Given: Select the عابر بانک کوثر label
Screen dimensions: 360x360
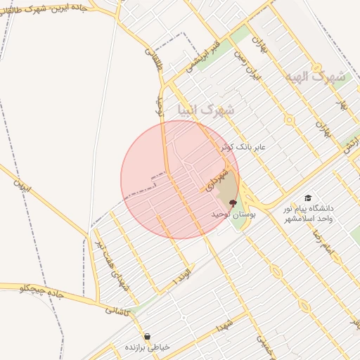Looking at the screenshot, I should tap(244, 146).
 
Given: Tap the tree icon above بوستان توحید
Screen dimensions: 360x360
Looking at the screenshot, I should tap(233, 202).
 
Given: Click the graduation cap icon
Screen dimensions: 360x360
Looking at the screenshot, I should tap(307, 199).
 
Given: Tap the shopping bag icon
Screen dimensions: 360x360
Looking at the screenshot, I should tap(147, 336).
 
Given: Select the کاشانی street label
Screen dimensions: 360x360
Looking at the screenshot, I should tap(117, 309).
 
